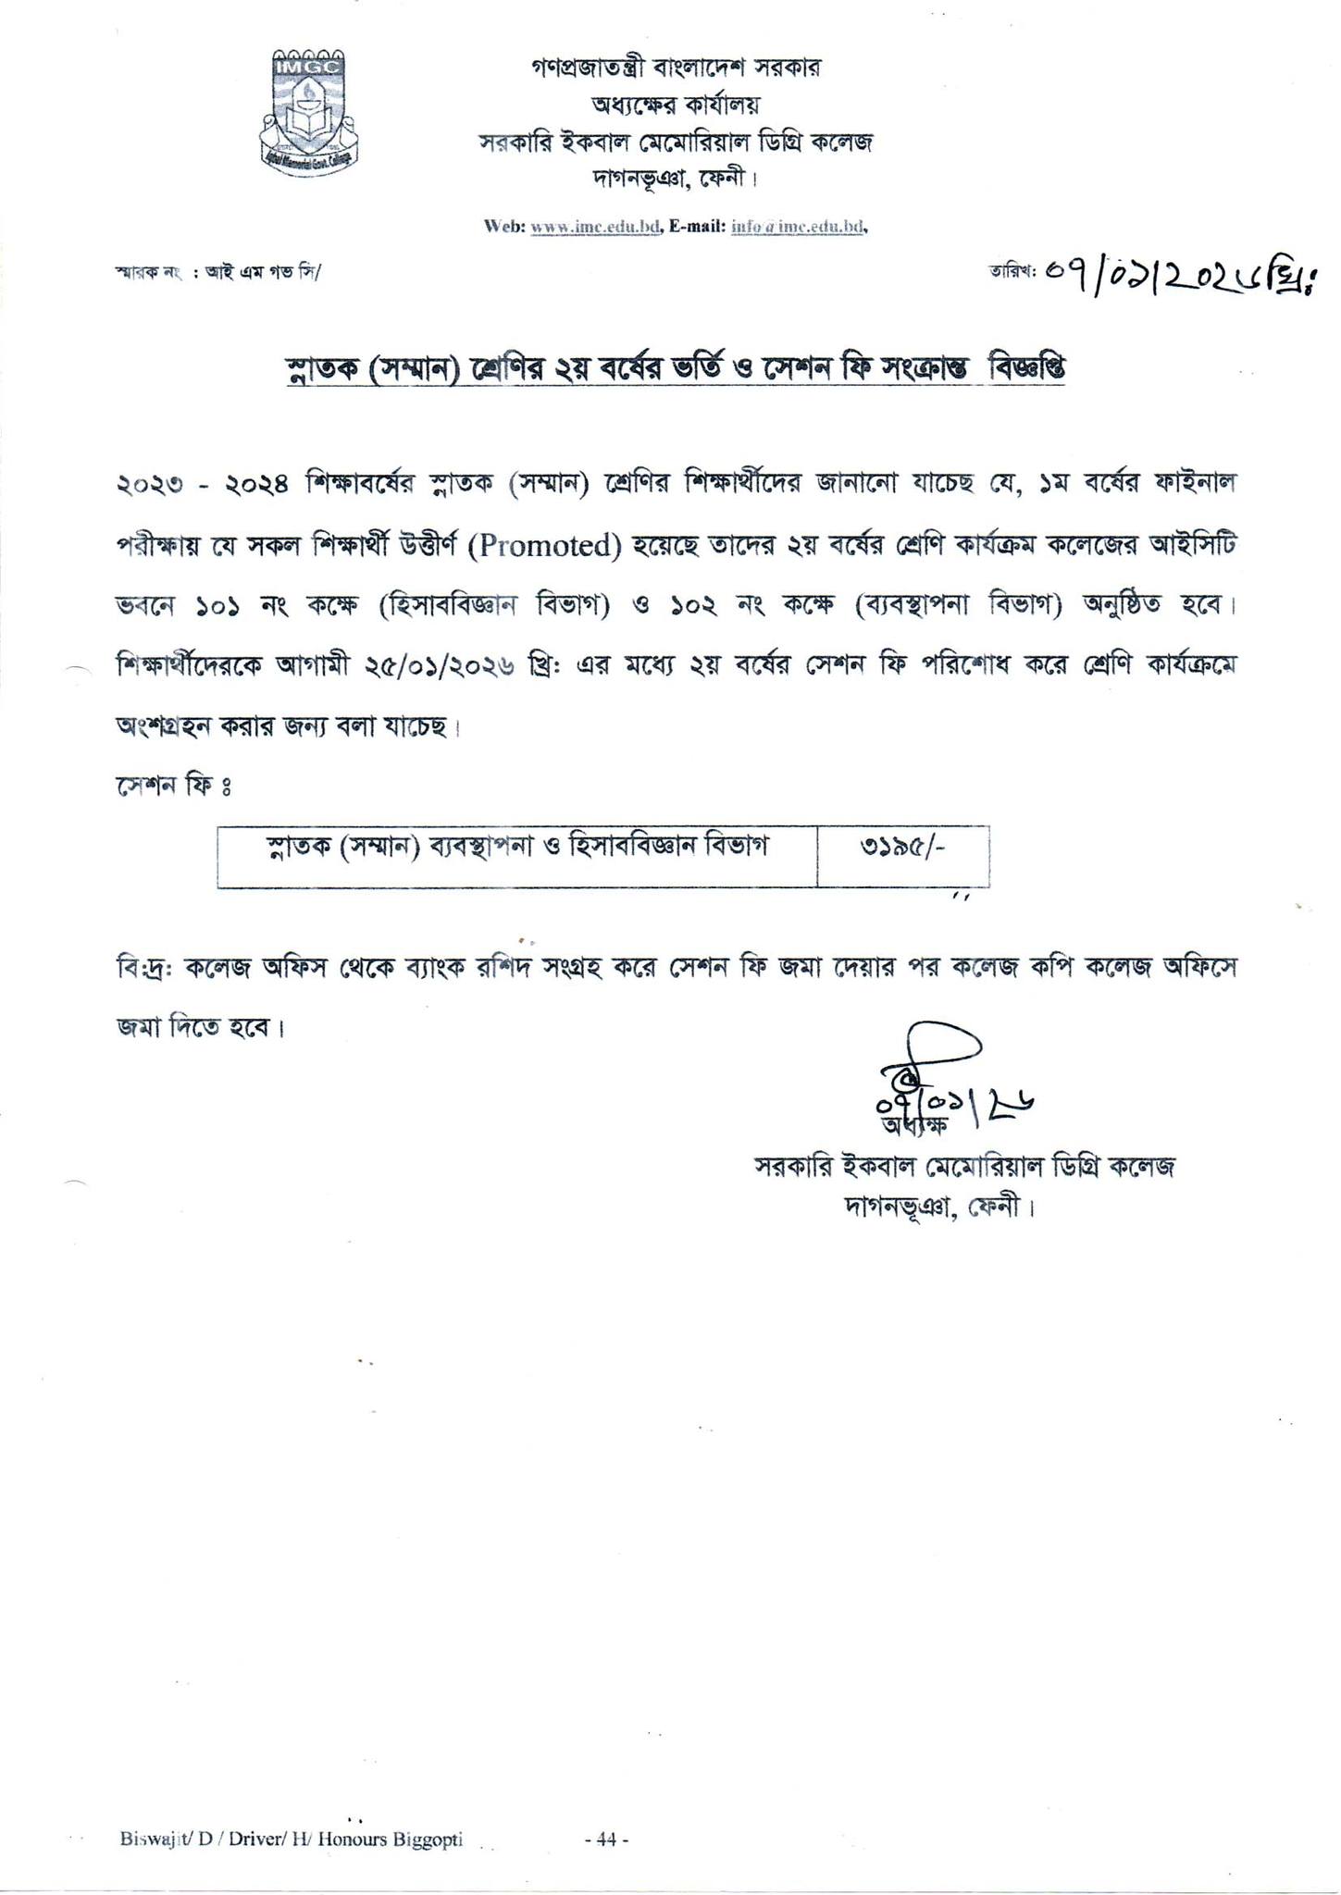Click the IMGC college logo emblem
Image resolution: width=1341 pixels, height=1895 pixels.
coord(308,109)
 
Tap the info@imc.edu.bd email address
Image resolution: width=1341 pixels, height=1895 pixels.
coord(798,226)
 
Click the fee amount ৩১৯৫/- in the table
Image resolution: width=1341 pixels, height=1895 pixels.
coord(902,849)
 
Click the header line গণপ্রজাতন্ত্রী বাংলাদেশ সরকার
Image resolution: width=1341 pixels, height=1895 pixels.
coord(676,68)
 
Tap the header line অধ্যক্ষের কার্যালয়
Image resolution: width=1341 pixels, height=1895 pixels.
coord(676,105)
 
